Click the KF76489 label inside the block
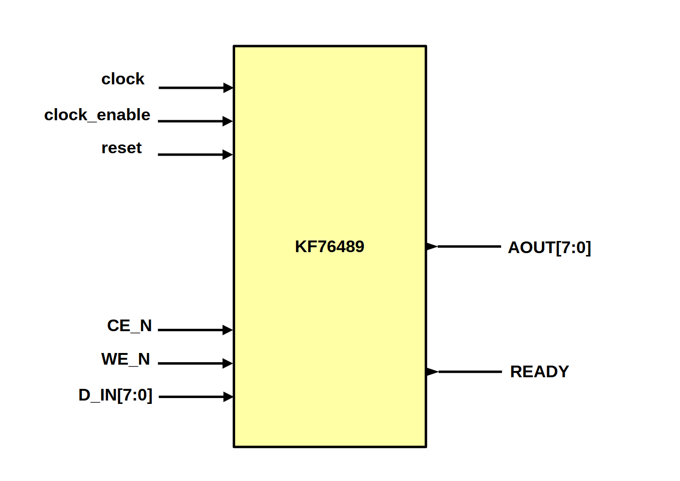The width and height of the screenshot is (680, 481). [x=330, y=247]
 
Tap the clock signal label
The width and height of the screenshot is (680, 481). [x=123, y=79]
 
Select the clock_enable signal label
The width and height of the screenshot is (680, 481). [x=97, y=115]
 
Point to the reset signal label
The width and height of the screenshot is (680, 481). [x=121, y=148]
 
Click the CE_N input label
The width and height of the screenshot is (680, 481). [x=129, y=326]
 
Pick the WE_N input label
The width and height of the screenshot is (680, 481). [x=126, y=359]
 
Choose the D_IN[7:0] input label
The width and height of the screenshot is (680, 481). [x=115, y=395]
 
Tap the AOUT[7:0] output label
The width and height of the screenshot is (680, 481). [x=549, y=248]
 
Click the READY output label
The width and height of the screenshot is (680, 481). [x=539, y=372]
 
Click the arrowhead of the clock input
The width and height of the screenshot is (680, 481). [x=228, y=88]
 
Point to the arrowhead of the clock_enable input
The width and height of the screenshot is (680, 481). [x=227, y=121]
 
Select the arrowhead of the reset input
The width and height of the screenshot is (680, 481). [x=227, y=155]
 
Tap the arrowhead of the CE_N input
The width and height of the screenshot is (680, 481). [x=227, y=330]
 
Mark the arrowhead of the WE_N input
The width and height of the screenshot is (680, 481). [x=227, y=363]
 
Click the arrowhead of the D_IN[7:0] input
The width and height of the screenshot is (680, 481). [x=228, y=397]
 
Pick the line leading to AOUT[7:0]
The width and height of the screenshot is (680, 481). [x=469, y=247]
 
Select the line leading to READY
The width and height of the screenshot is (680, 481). [x=470, y=372]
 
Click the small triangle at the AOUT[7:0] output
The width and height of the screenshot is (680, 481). [x=431, y=247]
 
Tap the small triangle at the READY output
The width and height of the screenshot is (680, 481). [x=432, y=372]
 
